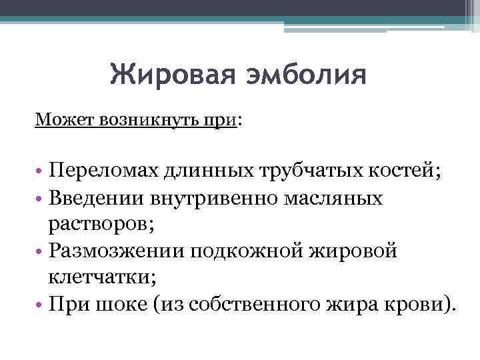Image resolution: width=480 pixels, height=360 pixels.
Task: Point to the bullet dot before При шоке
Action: click(39, 306)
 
